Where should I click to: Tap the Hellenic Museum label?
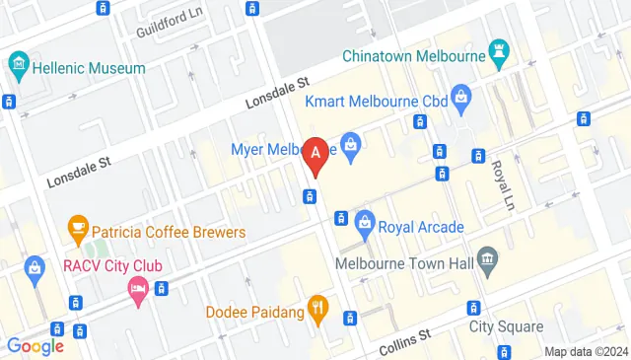coord(89,68)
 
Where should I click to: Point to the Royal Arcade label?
coord(421,227)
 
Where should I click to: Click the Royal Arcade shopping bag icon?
coord(366,221)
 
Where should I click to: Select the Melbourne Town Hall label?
coord(404,263)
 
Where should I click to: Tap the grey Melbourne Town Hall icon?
coord(486,260)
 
